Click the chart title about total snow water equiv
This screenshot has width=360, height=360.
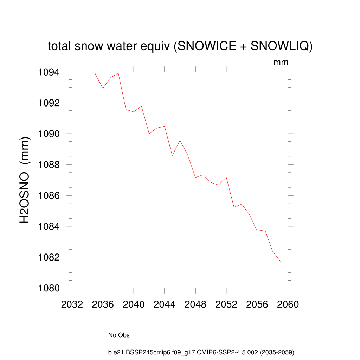pos(180,46)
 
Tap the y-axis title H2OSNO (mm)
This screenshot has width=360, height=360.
pos(25,180)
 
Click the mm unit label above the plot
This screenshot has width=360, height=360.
pos(281,63)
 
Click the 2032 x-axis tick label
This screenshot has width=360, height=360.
pos(72,304)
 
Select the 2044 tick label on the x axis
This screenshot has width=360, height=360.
pos(165,304)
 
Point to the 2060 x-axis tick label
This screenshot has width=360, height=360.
pos(288,304)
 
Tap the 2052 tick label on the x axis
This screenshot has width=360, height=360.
pos(226,304)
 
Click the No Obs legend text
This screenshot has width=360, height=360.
pos(119,335)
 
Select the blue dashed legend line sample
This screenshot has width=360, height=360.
pos(84,335)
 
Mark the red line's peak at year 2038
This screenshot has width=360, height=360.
pos(118,73)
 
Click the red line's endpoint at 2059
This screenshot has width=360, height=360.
pos(280,261)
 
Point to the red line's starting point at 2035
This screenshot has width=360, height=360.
pos(95,73)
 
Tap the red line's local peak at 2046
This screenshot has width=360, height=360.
pos(180,141)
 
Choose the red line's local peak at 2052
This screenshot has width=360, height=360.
pos(226,177)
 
